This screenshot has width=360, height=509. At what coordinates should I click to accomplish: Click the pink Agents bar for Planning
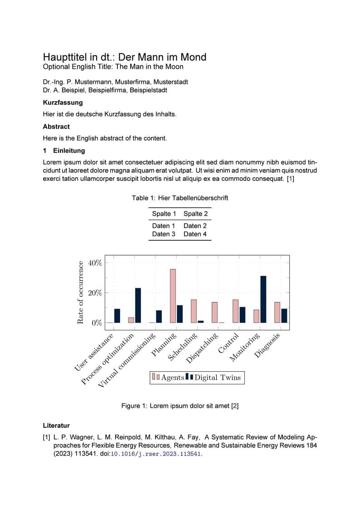(x=173, y=296)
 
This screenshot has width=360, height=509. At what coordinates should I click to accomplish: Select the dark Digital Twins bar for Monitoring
(x=263, y=299)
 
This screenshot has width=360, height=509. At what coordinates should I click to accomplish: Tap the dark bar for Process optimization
(x=138, y=305)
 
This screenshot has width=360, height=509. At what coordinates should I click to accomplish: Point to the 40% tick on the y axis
(x=95, y=263)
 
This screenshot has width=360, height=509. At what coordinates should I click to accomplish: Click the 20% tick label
(x=95, y=293)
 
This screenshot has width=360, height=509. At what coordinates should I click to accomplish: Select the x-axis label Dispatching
(x=203, y=349)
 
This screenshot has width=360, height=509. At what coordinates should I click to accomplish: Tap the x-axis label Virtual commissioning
(x=127, y=361)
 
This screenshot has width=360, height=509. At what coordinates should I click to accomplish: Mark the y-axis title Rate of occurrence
(x=81, y=292)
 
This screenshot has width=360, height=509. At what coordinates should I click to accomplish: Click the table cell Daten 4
(x=195, y=234)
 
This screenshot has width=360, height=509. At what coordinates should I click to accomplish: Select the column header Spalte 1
(x=164, y=213)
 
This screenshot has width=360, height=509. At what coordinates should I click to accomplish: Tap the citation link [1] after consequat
(x=291, y=179)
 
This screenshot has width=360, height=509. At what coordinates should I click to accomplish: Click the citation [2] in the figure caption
(x=234, y=406)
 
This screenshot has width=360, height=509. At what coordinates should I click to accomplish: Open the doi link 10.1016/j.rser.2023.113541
(x=156, y=454)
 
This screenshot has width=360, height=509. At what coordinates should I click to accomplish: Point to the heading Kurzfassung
(x=63, y=102)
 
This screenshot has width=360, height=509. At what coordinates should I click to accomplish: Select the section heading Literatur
(x=56, y=426)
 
